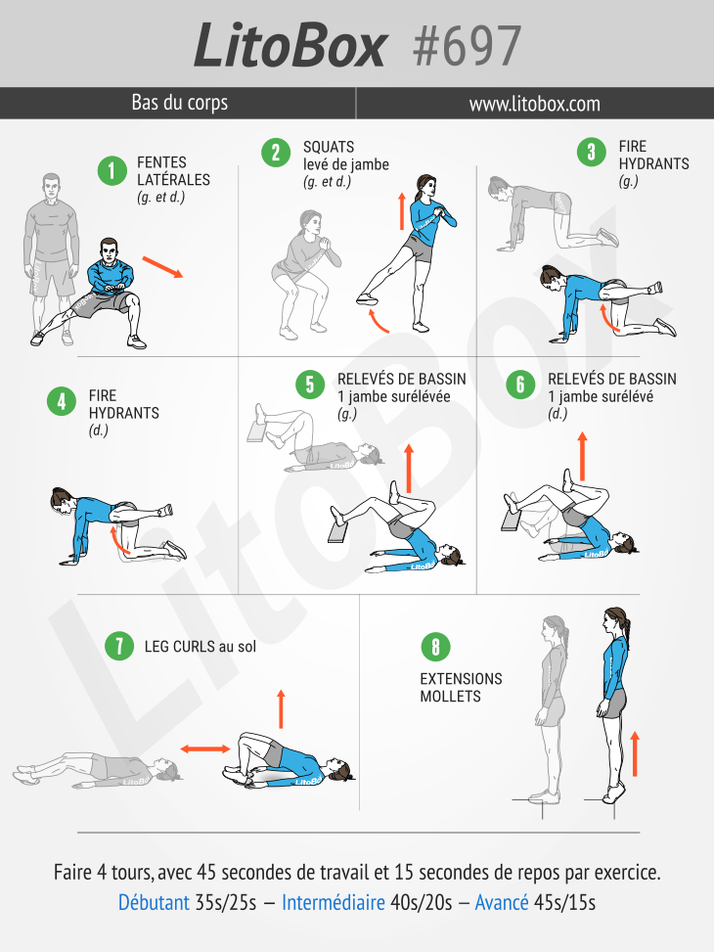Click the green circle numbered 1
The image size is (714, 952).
pyautogui.click(x=112, y=170)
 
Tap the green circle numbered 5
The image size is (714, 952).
pyautogui.click(x=310, y=385)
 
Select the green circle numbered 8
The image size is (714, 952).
pyautogui.click(x=434, y=647)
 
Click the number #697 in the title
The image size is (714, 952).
pyautogui.click(x=467, y=45)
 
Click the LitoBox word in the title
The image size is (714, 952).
pyautogui.click(x=290, y=45)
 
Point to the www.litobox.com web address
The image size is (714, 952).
pyautogui.click(x=534, y=104)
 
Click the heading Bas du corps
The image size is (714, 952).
pyautogui.click(x=179, y=103)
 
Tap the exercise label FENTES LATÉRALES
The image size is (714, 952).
pyautogui.click(x=173, y=171)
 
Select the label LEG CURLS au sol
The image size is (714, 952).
pyautogui.click(x=200, y=646)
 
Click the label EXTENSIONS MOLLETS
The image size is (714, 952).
pyautogui.click(x=461, y=687)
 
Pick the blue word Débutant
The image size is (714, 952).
pyautogui.click(x=154, y=902)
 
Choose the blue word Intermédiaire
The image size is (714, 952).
pyautogui.click(x=333, y=902)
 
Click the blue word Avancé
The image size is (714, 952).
pyautogui.click(x=502, y=902)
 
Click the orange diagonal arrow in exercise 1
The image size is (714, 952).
pyautogui.click(x=162, y=267)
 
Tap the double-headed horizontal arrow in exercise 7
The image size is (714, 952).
pyautogui.click(x=204, y=748)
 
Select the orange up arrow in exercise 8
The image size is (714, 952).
pyautogui.click(x=635, y=751)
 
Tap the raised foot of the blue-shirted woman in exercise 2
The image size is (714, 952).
pyautogui.click(x=370, y=297)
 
